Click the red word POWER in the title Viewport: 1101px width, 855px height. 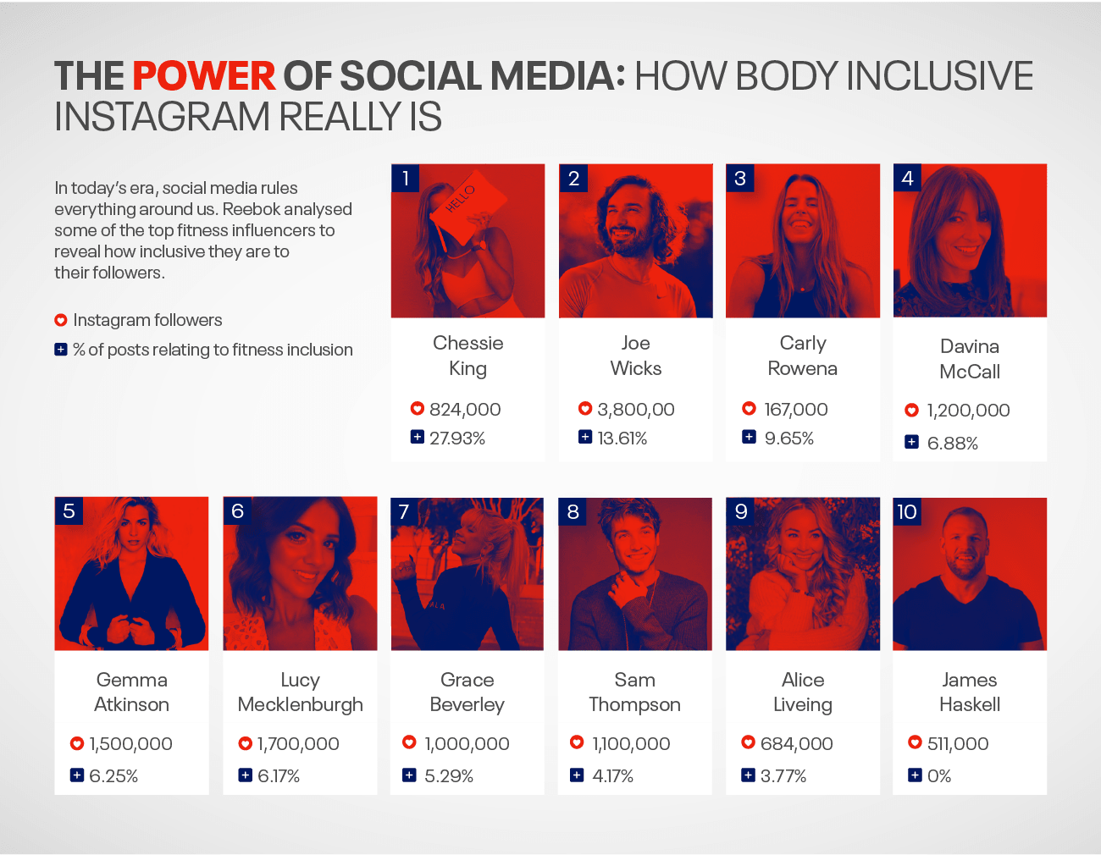pos(204,76)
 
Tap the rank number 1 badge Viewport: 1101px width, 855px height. pos(406,178)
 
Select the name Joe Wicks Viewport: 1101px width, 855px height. pos(635,356)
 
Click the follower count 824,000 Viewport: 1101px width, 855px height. pos(465,410)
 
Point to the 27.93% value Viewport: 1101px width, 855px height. pos(457,439)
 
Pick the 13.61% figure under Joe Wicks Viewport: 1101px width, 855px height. pos(622,439)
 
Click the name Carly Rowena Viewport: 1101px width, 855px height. pos(802,356)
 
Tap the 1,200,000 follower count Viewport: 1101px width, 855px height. pos(968,411)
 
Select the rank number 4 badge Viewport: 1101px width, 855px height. pos(907,178)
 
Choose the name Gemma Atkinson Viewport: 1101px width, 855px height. pos(131,692)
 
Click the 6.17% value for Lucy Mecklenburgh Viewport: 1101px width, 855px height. pos(279,776)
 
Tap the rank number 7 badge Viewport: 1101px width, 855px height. pos(404,511)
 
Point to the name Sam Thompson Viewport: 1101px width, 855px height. pos(634,692)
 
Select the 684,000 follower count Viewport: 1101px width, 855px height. pos(796,744)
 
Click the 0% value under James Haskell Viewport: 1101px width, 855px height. pos(939,776)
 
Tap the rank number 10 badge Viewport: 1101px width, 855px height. pos(907,511)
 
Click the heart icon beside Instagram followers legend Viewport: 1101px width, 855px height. pos(61,320)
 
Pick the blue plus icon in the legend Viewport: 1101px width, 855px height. pos(61,350)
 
